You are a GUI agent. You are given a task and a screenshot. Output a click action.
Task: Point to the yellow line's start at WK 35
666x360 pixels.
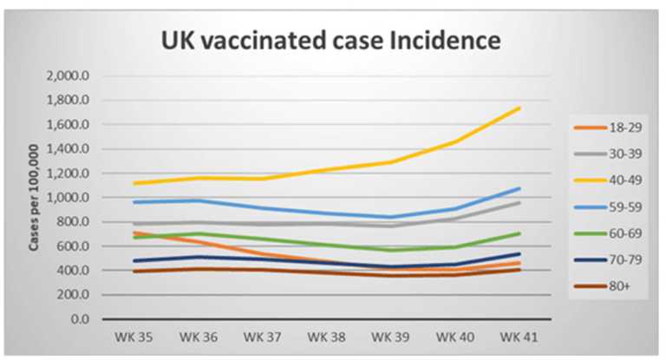coord(134,183)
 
